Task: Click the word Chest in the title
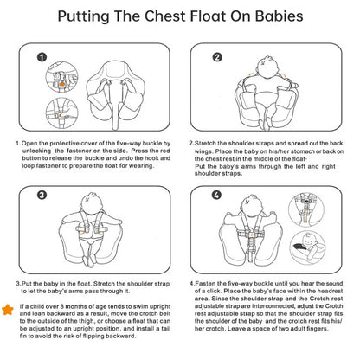(164, 16)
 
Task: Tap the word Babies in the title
(280, 16)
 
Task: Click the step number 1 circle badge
(42, 57)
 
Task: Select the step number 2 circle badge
(217, 57)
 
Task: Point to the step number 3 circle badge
(42, 195)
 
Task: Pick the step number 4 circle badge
(217, 195)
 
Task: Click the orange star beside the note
(8, 310)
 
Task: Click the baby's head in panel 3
(92, 202)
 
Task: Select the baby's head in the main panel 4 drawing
(250, 204)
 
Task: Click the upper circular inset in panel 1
(61, 77)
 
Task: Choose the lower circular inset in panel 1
(61, 113)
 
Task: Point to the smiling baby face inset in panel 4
(307, 246)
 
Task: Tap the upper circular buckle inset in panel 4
(306, 210)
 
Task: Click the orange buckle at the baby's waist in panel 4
(252, 235)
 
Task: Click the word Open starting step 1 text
(29, 144)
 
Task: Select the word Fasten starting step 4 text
(205, 284)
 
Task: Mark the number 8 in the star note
(61, 306)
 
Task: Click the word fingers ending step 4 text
(317, 329)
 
